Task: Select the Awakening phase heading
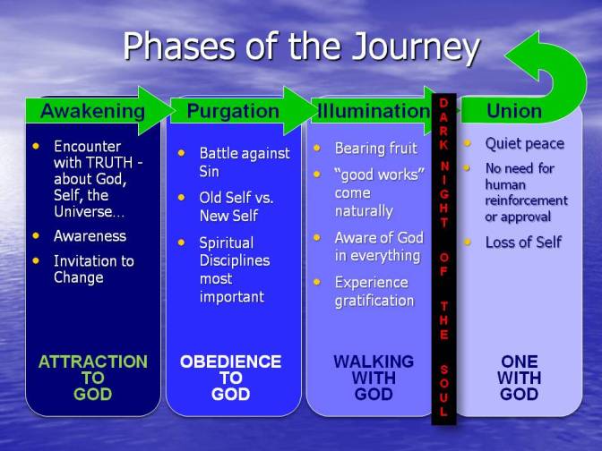coord(93,111)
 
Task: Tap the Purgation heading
coord(233,111)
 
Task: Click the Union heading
coord(514,111)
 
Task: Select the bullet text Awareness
coord(90,236)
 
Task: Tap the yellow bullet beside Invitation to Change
coord(36,260)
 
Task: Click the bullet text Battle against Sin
coord(245,162)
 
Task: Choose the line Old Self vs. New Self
coord(236,207)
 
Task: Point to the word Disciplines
coord(235,260)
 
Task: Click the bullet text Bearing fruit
coord(376,149)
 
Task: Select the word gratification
coord(374,301)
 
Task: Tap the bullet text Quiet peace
coord(525,144)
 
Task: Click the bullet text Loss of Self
coord(523,243)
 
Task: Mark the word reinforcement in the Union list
coord(527,200)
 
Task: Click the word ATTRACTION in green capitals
coord(93,362)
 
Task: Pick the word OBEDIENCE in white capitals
coord(231,362)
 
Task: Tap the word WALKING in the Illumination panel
coord(374,362)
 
